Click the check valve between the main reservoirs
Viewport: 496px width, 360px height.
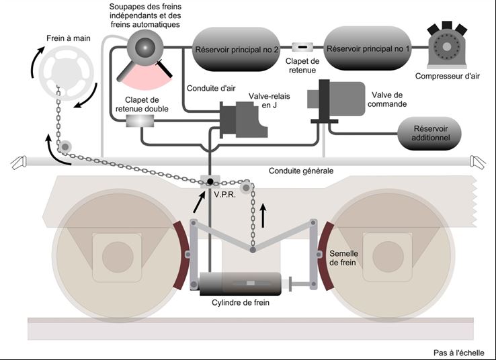(x=301, y=47)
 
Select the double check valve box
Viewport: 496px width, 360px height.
(x=140, y=120)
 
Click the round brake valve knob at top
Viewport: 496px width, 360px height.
(x=144, y=46)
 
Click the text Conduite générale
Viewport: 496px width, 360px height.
(x=300, y=171)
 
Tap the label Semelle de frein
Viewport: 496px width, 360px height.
(x=345, y=259)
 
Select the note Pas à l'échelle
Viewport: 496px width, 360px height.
(x=462, y=352)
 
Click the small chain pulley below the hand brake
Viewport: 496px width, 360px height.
(x=65, y=146)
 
